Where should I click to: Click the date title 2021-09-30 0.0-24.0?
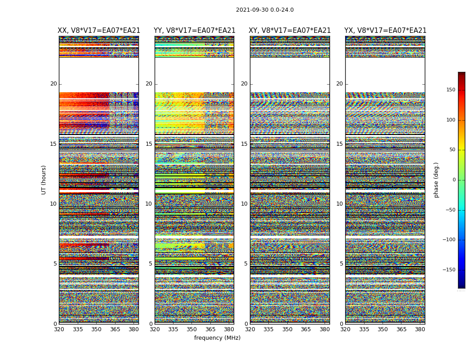point(265,10)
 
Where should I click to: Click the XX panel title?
point(99,31)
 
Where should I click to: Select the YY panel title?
point(194,31)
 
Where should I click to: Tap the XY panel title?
point(289,31)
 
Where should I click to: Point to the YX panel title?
point(385,31)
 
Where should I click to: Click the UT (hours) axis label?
point(44,180)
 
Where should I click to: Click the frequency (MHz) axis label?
point(217,338)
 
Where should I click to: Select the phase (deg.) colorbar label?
point(436,180)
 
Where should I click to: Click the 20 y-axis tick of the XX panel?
point(53,84)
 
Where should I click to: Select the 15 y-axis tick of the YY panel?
point(149,144)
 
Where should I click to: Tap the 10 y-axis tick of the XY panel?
point(244,204)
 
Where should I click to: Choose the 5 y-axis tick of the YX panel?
point(341,264)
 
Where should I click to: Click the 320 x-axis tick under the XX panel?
point(59,329)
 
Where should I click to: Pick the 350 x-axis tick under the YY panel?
point(192,329)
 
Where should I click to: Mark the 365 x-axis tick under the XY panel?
point(306,329)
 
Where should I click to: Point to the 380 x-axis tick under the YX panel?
point(420,329)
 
